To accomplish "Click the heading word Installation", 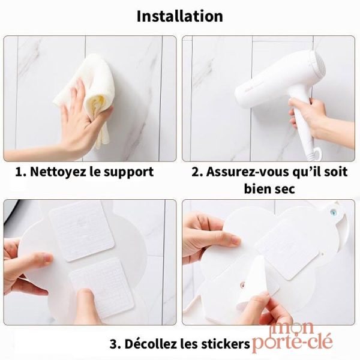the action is pyautogui.click(x=180, y=16).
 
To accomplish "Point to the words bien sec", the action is pyautogui.click(x=269, y=189).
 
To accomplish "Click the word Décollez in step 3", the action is pyautogui.click(x=151, y=344).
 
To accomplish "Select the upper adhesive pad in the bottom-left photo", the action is pyautogui.click(x=82, y=230).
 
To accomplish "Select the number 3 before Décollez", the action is pyautogui.click(x=113, y=344).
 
